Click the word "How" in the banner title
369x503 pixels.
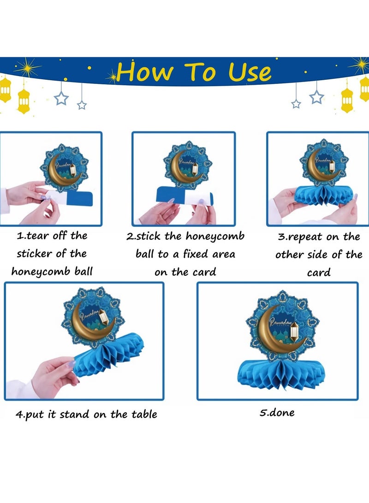145,72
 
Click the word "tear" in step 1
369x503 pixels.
37,236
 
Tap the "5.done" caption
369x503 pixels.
277,413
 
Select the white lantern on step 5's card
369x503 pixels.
294,331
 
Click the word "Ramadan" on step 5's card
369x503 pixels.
280,321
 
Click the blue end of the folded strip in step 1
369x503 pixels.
80,199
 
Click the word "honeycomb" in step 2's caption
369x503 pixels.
215,237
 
